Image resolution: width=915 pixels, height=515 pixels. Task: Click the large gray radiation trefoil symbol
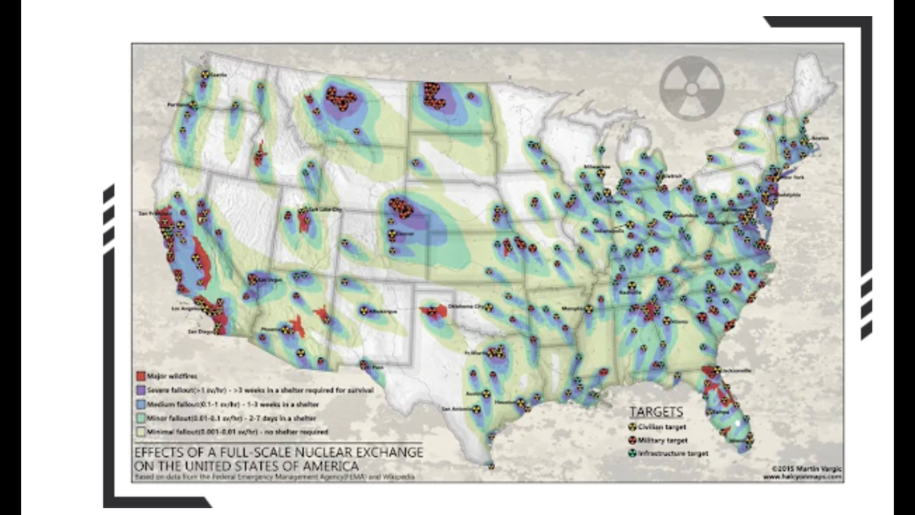[691, 88]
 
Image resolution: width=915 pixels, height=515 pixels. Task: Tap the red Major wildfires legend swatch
[140, 375]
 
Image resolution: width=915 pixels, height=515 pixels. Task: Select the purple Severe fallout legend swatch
[140, 389]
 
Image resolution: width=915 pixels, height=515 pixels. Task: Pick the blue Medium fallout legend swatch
[140, 403]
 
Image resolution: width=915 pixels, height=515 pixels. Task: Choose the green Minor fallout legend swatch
[140, 418]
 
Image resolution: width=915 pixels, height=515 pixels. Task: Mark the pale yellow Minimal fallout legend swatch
[140, 432]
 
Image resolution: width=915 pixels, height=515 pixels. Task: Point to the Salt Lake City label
[325, 210]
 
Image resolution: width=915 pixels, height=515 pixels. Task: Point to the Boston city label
[819, 138]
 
